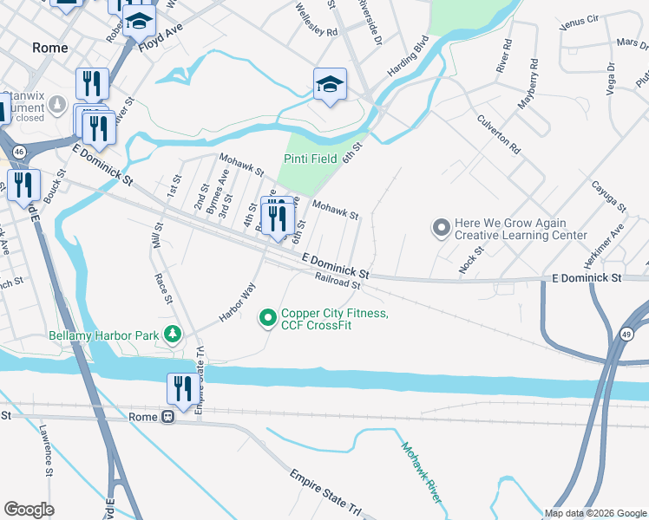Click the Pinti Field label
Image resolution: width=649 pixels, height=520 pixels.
tap(311, 159)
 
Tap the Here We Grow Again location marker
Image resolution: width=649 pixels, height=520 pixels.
tap(441, 229)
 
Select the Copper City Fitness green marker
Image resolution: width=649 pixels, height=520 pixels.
tap(268, 319)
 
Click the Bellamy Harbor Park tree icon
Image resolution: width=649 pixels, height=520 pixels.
tap(174, 334)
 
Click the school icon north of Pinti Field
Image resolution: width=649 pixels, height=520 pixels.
tap(330, 84)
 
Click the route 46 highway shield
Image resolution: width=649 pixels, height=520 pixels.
tap(19, 151)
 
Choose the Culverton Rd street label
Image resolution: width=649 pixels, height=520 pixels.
tap(497, 136)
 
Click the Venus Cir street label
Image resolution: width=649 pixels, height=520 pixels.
tap(580, 18)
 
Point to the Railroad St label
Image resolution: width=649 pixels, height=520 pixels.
tap(338, 283)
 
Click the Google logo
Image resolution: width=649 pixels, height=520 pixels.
tap(29, 510)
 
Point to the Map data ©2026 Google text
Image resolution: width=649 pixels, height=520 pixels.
tap(594, 513)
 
